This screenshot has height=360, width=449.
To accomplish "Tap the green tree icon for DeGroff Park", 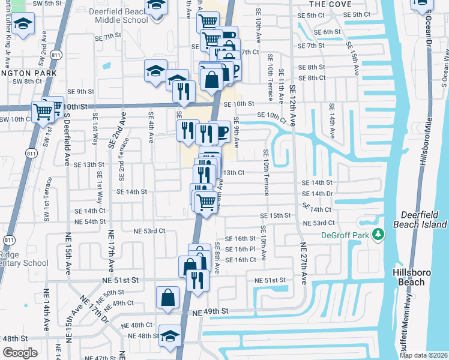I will pyautogui.click(x=378, y=233).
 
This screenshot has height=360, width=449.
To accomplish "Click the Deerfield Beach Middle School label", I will pyautogui.click(x=119, y=16).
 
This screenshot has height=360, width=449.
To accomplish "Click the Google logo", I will pyautogui.click(x=20, y=353).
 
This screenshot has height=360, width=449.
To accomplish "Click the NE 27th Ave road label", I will pyautogui.click(x=304, y=262).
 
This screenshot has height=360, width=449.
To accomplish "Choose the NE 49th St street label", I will pyautogui.click(x=211, y=311).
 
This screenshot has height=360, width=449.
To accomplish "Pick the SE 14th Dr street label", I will pyautogui.click(x=318, y=194).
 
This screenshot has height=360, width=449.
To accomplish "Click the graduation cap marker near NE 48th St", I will pyautogui.click(x=170, y=335).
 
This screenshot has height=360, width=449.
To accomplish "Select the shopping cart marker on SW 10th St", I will pyautogui.click(x=43, y=110).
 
